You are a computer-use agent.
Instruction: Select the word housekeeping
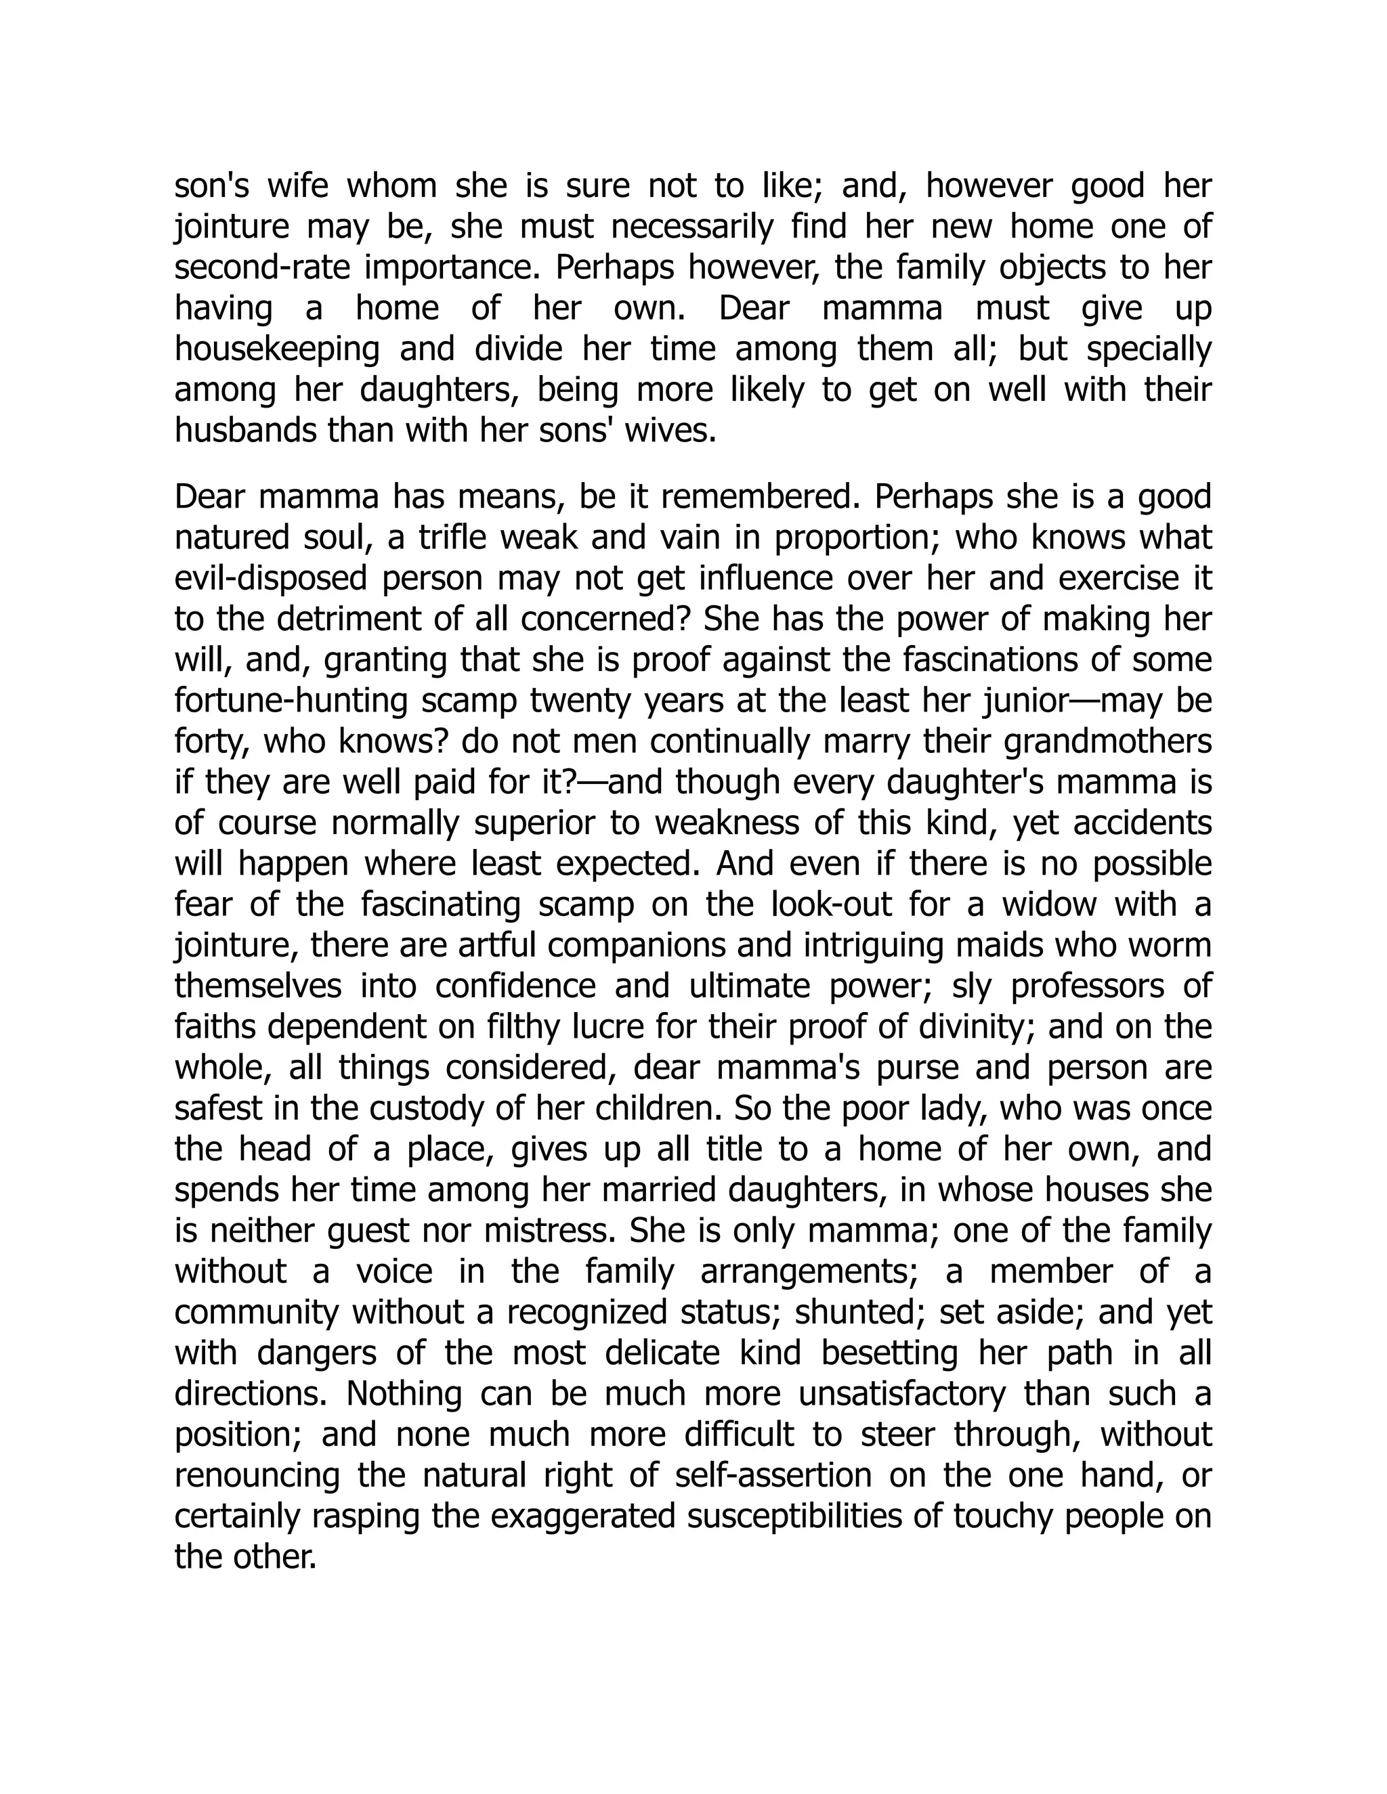click(x=277, y=349)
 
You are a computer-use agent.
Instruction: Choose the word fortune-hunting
click(x=289, y=701)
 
